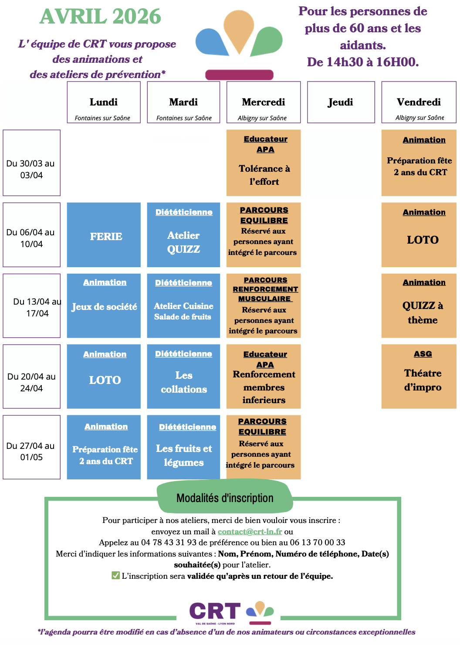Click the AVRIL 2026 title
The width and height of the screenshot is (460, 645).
click(100, 17)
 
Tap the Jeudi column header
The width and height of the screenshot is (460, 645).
click(341, 102)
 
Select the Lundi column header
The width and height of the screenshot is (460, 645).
click(104, 102)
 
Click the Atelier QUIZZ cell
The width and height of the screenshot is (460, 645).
click(183, 235)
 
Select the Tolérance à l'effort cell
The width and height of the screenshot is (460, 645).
click(264, 163)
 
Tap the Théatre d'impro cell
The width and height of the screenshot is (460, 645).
click(419, 377)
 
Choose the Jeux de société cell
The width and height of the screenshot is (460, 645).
click(104, 306)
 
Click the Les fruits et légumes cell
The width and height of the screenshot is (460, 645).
click(183, 448)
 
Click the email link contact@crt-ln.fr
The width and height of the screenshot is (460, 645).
click(250, 532)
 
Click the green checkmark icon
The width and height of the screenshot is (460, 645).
click(115, 576)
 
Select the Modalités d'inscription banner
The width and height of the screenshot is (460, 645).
click(225, 498)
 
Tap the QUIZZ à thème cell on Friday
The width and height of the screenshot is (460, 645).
click(419, 306)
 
